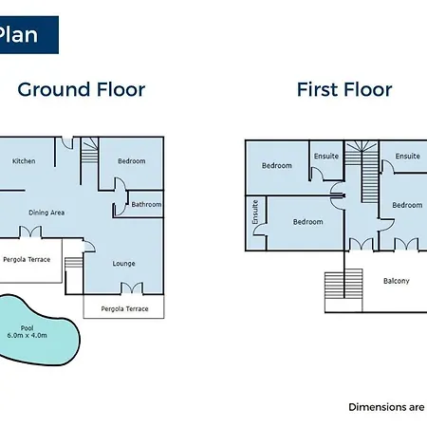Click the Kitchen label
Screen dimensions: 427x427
coord(24,161)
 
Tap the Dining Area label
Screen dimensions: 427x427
coord(46,213)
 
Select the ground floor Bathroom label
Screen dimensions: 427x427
coord(146,205)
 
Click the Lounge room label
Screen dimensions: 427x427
coord(123,264)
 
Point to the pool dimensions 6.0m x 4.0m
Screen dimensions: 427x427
coord(28,336)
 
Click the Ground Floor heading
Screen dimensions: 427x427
coord(82,89)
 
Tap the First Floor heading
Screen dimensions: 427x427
coord(344,89)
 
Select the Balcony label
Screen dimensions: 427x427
coord(397,281)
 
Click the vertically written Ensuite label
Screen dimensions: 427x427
coord(255,213)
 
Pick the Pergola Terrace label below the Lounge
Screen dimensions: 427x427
coord(124,308)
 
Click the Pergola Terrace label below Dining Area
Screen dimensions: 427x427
coord(27,260)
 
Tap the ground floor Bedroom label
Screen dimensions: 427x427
coord(132,161)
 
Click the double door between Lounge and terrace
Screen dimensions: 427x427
coord(132,288)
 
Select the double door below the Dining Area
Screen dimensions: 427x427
coord(30,232)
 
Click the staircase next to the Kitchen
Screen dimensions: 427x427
coord(90,151)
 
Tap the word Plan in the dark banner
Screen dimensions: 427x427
coord(18,34)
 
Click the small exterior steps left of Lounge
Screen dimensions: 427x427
coord(74,263)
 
